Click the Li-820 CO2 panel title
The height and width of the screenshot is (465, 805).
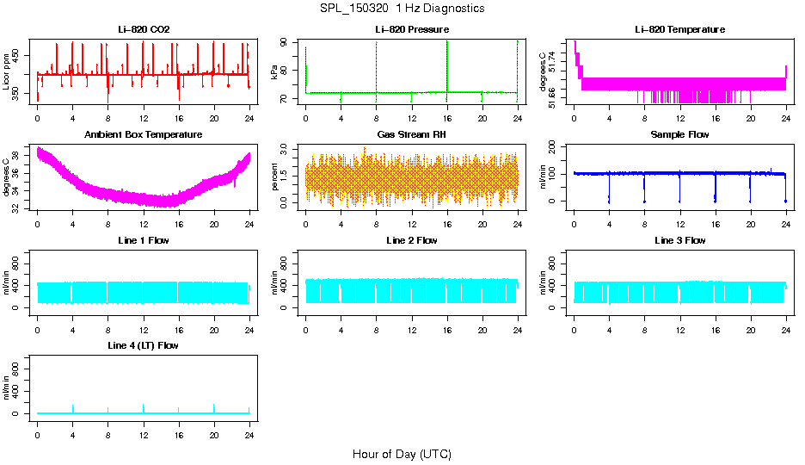coord(144,30)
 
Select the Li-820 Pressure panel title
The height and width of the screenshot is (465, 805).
coord(411,30)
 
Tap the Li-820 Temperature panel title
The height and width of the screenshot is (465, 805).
coord(679,30)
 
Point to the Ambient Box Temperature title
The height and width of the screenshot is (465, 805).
coord(144,135)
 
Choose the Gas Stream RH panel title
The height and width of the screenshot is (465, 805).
coord(411,135)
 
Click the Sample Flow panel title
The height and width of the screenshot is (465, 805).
coord(679,135)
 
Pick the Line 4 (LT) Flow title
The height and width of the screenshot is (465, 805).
coord(144,345)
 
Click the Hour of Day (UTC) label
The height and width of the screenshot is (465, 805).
coord(402,454)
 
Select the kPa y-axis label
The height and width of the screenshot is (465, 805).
coord(274,71)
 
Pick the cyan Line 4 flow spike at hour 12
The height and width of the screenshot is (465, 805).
coord(144,407)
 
